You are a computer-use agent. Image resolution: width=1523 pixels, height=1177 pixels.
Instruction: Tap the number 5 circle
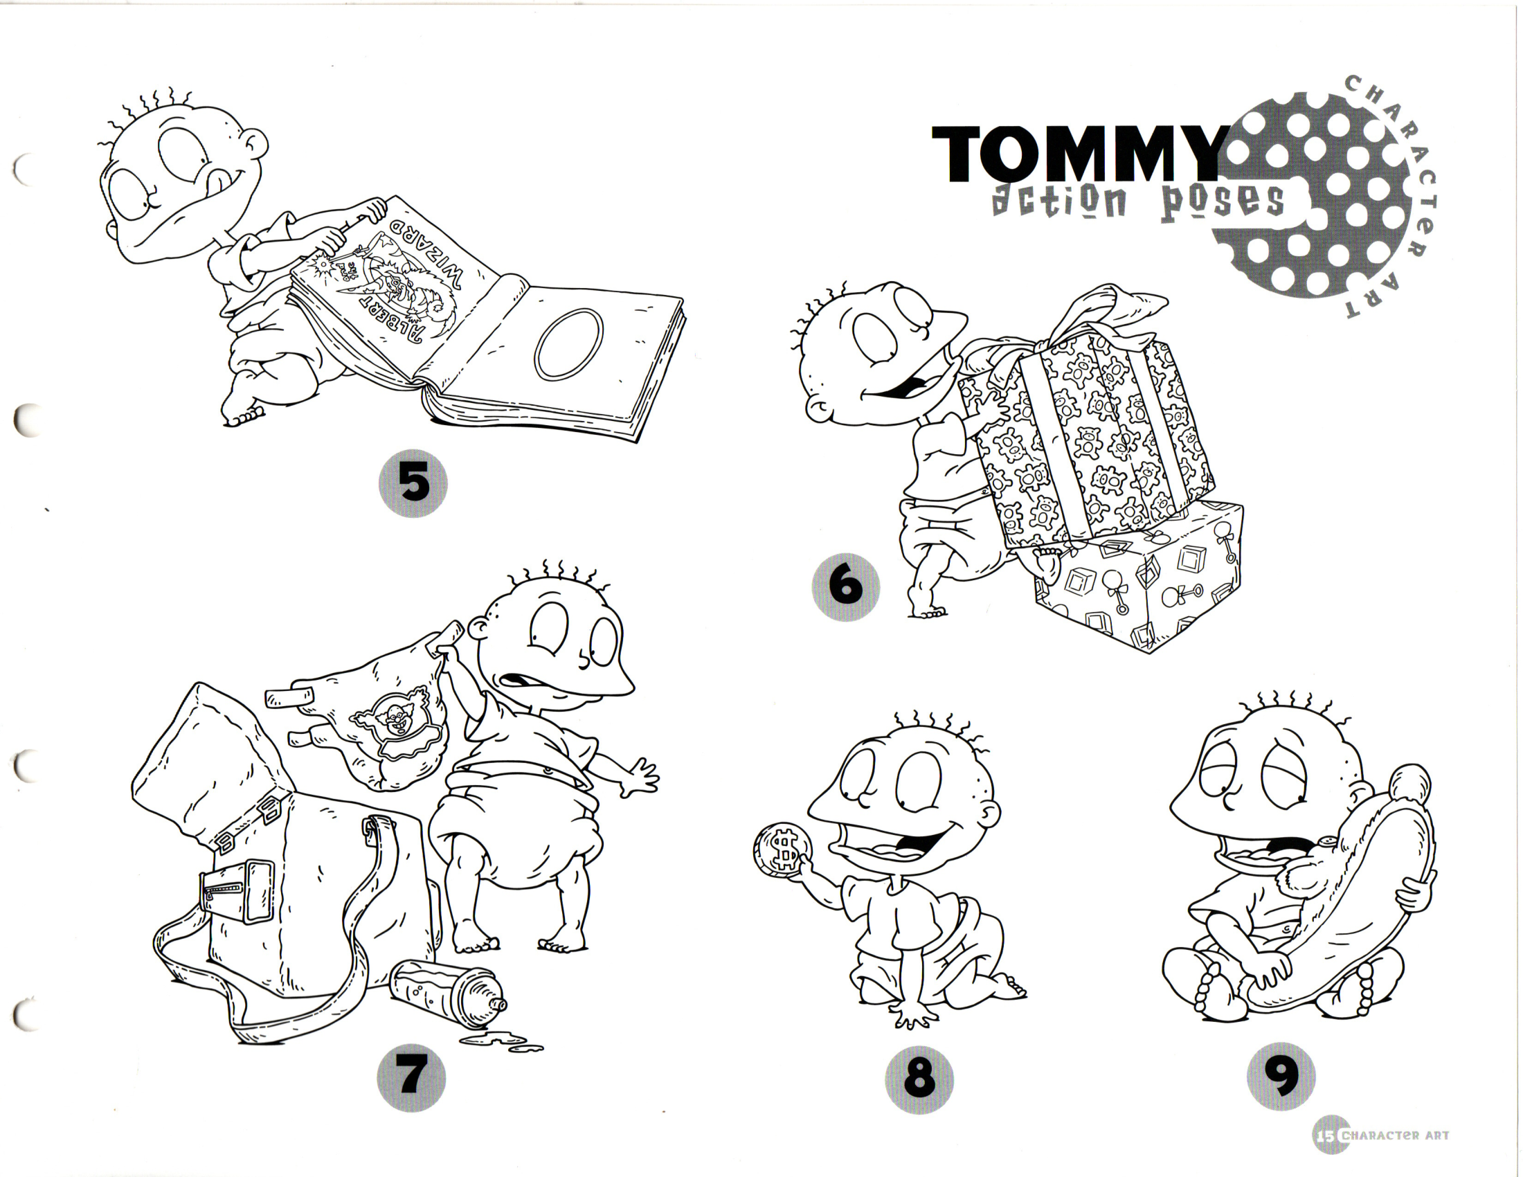413,483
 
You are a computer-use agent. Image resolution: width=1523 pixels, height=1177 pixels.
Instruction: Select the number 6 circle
845,586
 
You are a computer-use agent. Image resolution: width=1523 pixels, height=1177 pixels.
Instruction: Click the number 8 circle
919,1079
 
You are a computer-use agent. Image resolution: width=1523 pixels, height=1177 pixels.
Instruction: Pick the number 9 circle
1281,1077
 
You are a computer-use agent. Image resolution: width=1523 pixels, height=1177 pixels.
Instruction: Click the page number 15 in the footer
1324,1135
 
